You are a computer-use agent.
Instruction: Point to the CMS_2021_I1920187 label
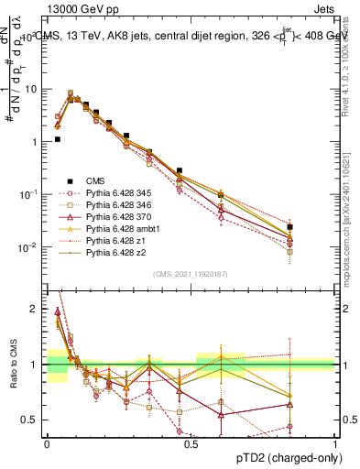[x=190, y=274]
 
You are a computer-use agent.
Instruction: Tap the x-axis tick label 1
[x=334, y=442]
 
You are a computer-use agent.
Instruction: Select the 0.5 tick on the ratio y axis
[x=34, y=420]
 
